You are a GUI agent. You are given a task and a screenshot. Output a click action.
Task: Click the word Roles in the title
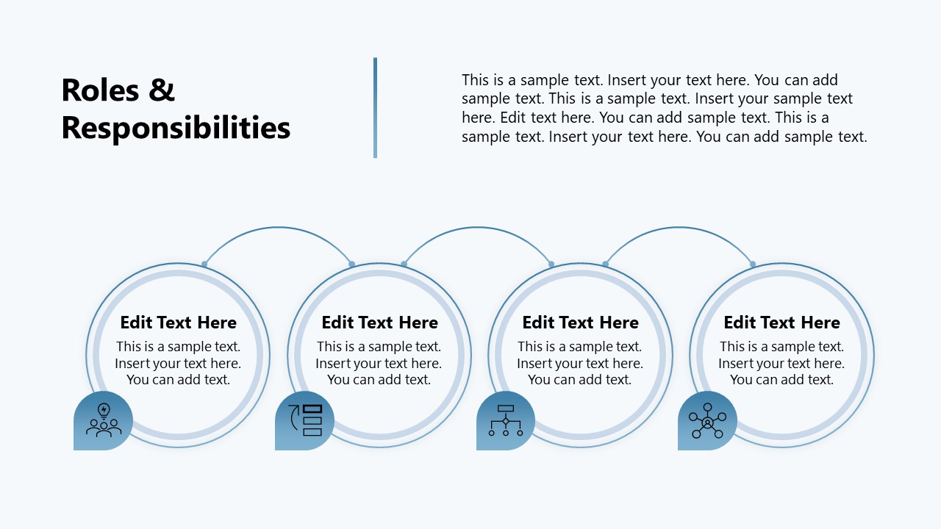coord(100,90)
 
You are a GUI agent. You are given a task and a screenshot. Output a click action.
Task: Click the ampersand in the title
coord(162,90)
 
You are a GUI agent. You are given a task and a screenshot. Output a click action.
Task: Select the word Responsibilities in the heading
coord(176,128)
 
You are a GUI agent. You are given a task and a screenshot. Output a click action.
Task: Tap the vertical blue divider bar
coord(375,108)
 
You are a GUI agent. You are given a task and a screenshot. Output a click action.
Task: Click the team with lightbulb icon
coord(104,420)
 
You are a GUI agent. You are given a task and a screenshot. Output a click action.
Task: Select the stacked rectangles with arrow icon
coord(305,420)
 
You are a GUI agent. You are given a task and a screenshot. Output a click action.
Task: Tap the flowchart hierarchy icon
coord(506,420)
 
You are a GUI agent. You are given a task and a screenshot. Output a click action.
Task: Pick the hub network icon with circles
coord(707,420)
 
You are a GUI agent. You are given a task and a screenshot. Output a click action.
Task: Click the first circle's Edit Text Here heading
coord(178,323)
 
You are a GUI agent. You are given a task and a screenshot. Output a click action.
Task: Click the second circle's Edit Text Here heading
coord(379,323)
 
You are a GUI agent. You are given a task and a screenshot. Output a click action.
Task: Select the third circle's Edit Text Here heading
coord(580,323)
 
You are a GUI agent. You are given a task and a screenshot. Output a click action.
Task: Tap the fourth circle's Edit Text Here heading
coord(781,323)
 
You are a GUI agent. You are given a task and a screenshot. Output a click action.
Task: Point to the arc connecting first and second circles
coord(278,228)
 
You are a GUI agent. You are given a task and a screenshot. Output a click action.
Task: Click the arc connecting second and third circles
coord(478,228)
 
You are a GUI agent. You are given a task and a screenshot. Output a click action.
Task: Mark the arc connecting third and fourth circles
coord(679,228)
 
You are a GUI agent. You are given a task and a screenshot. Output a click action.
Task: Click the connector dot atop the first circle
coord(204,264)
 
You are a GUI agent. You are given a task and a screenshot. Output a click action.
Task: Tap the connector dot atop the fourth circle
coord(752,264)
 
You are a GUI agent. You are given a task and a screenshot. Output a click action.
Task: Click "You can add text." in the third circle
coord(580,380)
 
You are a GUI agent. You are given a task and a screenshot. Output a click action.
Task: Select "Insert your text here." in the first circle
coord(178,363)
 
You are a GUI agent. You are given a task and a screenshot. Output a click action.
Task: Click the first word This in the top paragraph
coord(476,80)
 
